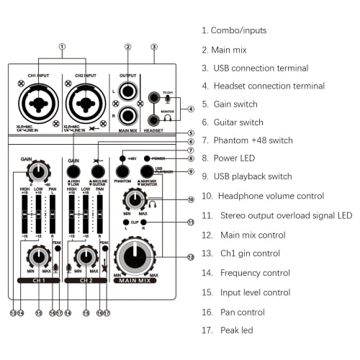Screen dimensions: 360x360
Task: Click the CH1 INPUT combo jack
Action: tap(38, 105)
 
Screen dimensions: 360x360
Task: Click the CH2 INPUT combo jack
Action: tap(85, 105)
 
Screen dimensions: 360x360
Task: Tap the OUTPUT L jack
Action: tap(128, 91)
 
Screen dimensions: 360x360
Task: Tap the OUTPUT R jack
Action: tap(128, 114)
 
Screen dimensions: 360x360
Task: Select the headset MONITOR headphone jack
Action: tap(153, 120)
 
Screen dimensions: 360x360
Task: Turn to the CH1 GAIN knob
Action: tap(37, 171)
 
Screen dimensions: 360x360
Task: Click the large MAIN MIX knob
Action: tap(135, 255)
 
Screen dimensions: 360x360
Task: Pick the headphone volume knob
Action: tap(135, 199)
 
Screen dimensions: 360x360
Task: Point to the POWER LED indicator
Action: tap(147, 157)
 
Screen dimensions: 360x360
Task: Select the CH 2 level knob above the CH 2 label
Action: tap(85, 256)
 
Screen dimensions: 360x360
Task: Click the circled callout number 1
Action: tap(62, 47)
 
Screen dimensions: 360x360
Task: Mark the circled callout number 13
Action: tap(13, 312)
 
